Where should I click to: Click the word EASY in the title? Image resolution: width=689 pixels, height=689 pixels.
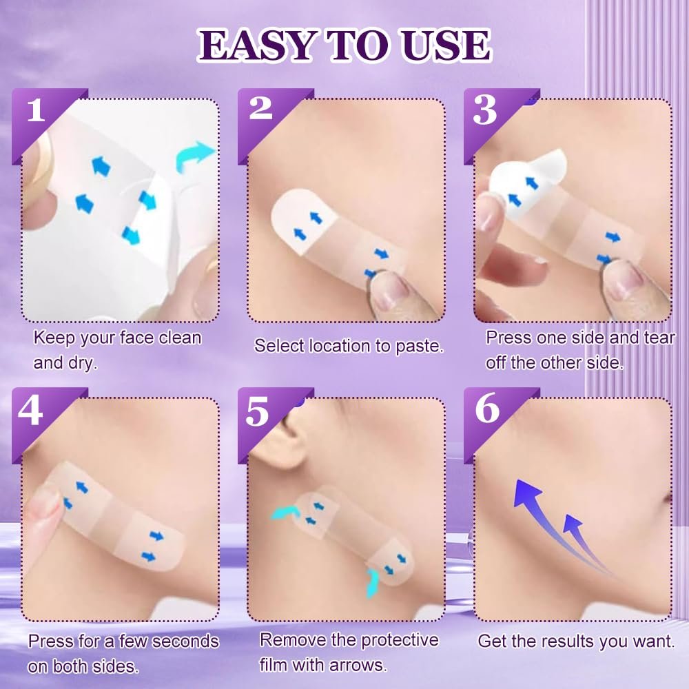coord(256,45)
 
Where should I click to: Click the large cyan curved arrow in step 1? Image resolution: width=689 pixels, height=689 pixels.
coord(194,157)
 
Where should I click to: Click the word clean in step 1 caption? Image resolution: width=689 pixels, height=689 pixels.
coord(180,338)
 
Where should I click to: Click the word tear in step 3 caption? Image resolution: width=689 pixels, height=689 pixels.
coord(659,338)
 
